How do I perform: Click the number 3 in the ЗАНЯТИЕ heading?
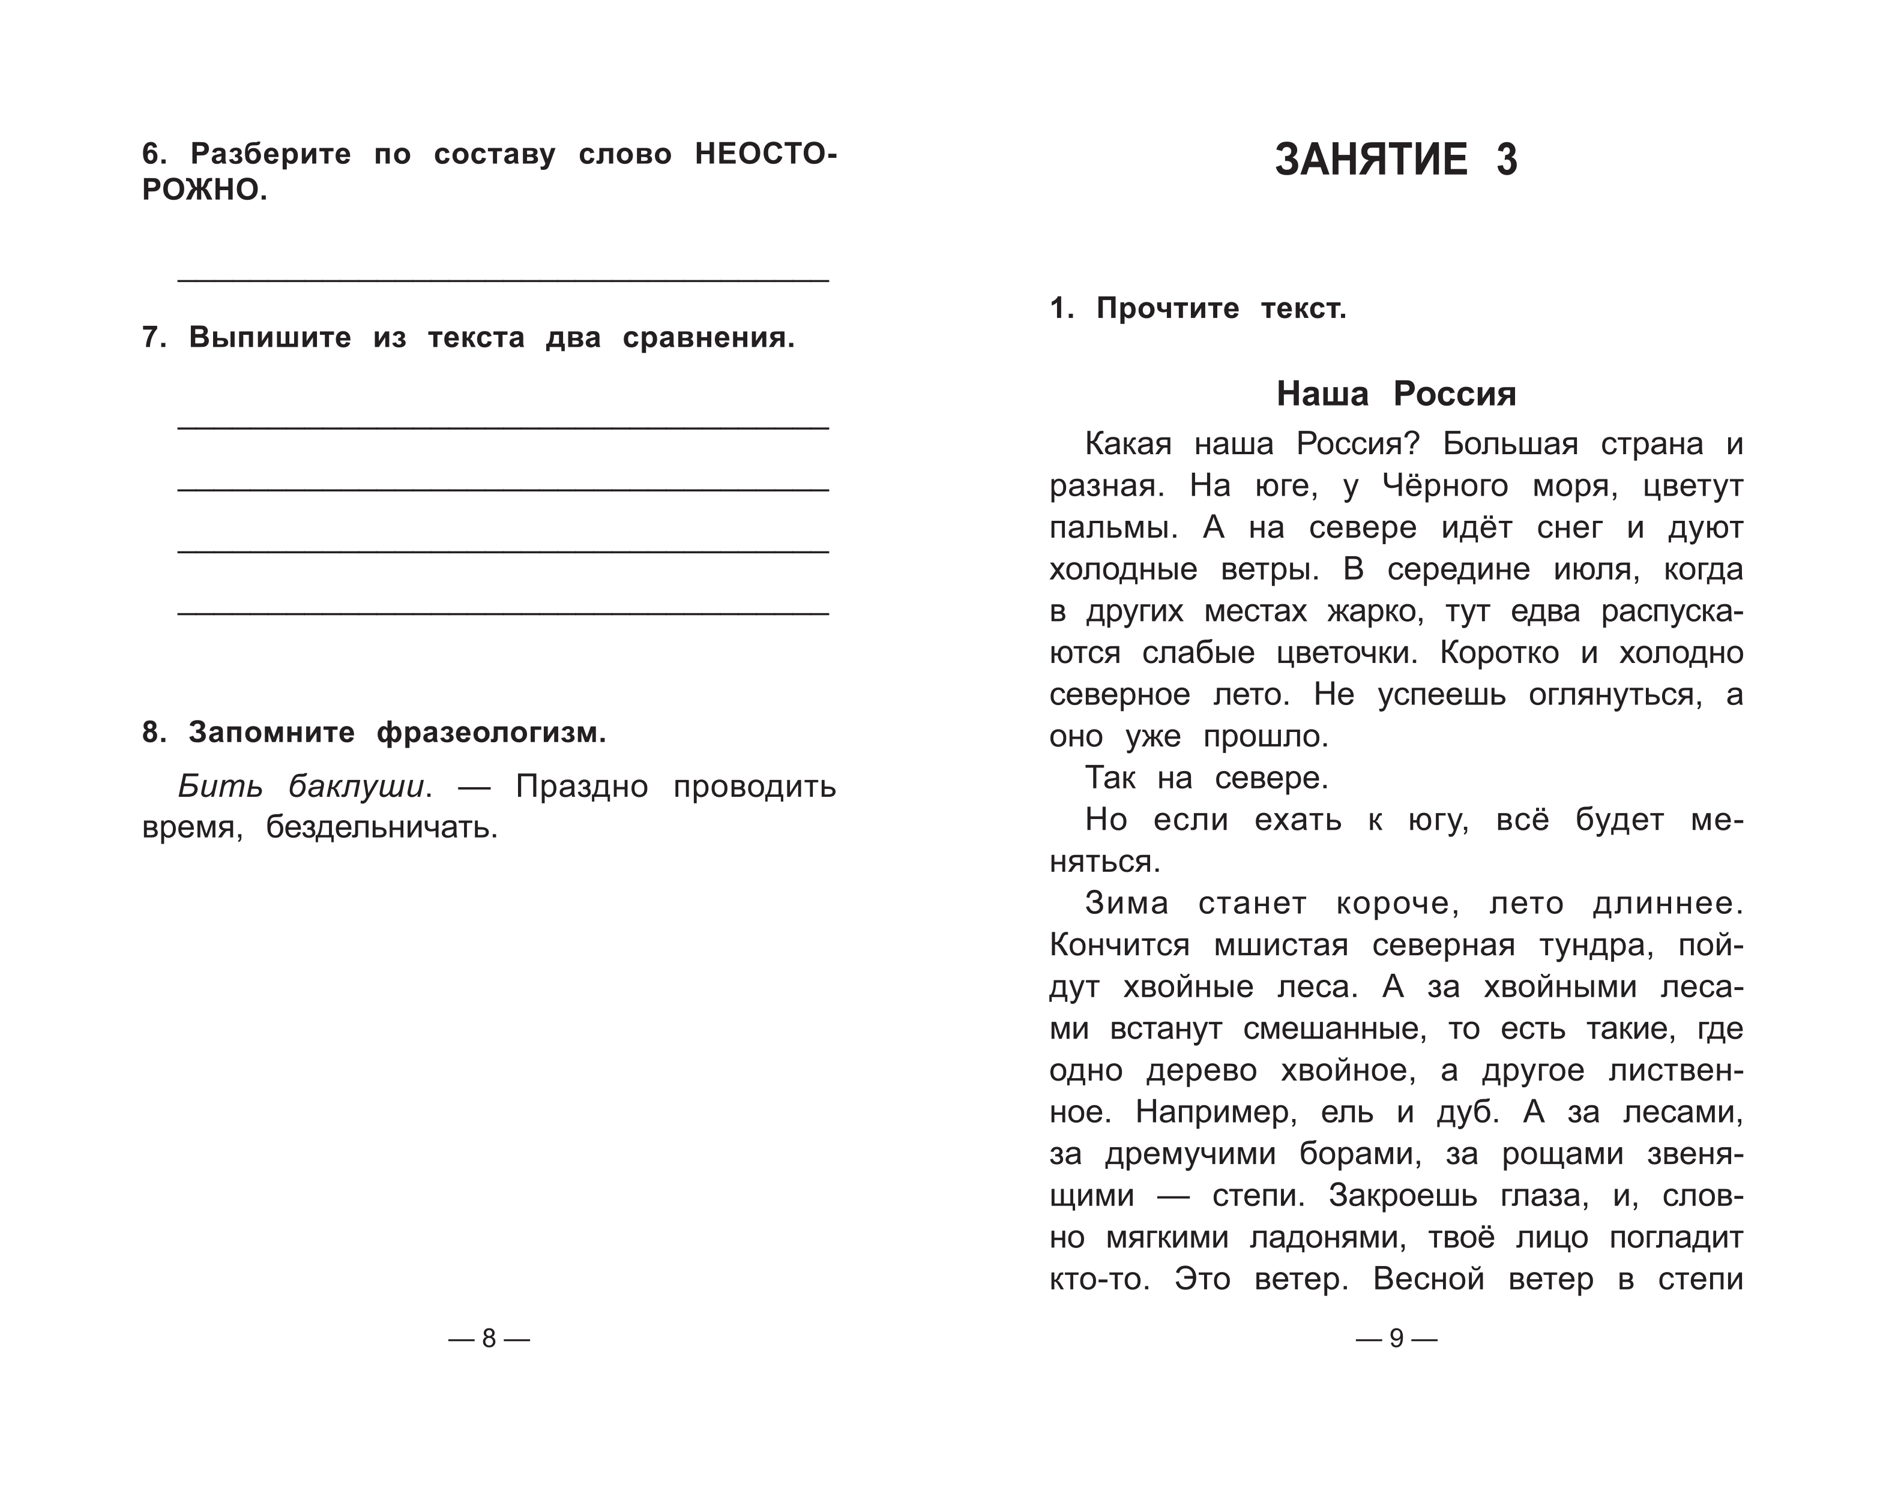pyautogui.click(x=1507, y=160)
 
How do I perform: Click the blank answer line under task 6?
pyautogui.click(x=503, y=279)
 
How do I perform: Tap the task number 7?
pyautogui.click(x=154, y=337)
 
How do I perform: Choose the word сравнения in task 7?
pyautogui.click(x=708, y=337)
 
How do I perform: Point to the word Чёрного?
pyautogui.click(x=1446, y=486)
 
